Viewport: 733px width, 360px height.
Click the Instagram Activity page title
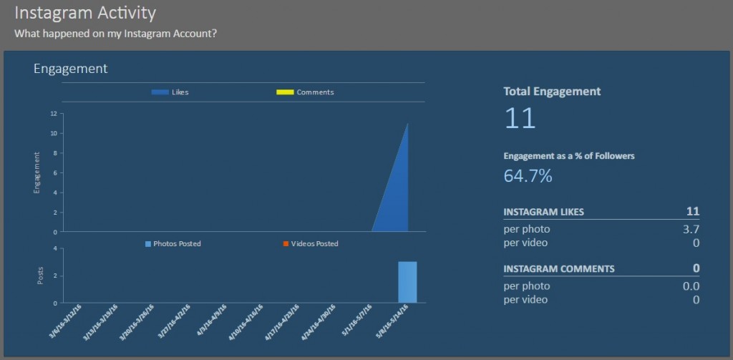click(x=85, y=13)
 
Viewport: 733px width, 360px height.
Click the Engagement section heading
click(x=70, y=69)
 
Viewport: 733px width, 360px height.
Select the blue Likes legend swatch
click(x=160, y=92)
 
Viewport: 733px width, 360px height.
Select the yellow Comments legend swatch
click(x=285, y=92)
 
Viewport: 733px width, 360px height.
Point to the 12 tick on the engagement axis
click(x=54, y=114)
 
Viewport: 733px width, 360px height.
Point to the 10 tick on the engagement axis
click(x=54, y=133)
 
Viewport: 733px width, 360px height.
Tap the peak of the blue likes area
click(x=407, y=125)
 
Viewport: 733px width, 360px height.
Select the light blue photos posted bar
click(x=407, y=282)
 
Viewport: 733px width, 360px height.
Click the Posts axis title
click(x=40, y=276)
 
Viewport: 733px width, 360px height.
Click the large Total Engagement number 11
click(x=520, y=118)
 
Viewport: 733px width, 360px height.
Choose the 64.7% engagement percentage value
click(x=528, y=176)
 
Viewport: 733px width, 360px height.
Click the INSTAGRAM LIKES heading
click(x=543, y=212)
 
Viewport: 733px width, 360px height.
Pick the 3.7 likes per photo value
click(x=691, y=230)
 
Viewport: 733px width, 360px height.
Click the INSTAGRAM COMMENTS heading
click(x=558, y=269)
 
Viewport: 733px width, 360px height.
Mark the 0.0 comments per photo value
click(x=691, y=286)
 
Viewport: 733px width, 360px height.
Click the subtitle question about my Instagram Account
click(x=116, y=34)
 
